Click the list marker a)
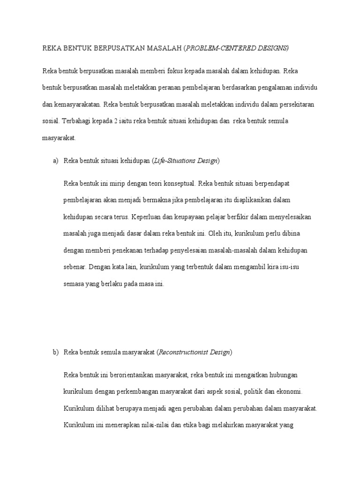tap(55, 161)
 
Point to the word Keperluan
tap(146, 217)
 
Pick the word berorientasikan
tap(133, 375)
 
